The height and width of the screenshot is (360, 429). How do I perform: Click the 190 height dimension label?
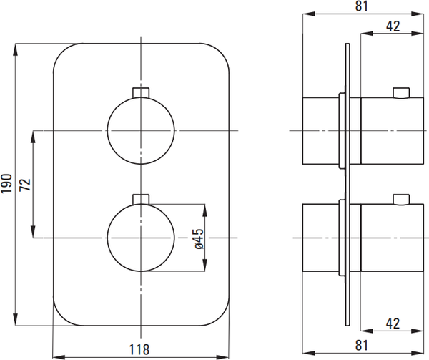pos(6,183)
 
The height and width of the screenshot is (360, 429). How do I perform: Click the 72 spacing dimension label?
pos(25,185)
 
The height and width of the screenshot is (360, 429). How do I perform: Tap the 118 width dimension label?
pos(139,349)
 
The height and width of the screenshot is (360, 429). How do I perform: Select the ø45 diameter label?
pos(199,239)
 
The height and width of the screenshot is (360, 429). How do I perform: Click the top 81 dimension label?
pos(362,6)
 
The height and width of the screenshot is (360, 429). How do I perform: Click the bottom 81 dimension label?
pos(362,345)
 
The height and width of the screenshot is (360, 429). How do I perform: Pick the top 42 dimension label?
pos(393,26)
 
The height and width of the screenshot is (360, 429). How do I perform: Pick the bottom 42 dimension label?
pos(393,323)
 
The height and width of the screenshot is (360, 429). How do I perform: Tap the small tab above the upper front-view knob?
pos(141,92)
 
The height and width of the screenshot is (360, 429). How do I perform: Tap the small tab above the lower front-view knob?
pos(141,199)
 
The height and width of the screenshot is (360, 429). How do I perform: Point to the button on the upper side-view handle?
pos(401,93)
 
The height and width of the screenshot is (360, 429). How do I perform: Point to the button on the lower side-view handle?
pos(401,200)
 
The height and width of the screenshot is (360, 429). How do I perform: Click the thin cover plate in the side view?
pos(347,185)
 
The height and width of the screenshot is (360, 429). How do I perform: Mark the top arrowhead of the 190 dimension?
pos(16,51)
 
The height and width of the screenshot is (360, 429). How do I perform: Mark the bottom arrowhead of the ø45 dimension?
pos(205,265)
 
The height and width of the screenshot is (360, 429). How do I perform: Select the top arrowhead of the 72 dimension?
pos(33,137)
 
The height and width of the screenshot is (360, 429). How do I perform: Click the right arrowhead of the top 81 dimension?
pos(418,14)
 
